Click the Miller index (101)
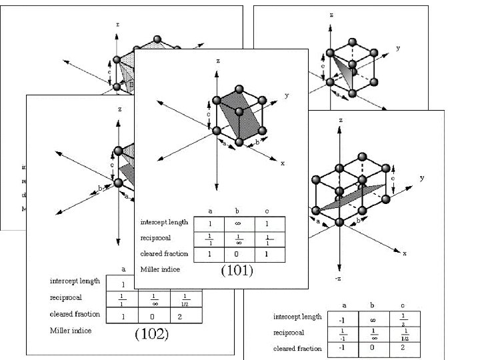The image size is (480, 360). (237, 271)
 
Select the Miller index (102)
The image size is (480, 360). (151, 333)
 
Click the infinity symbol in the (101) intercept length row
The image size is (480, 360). (238, 222)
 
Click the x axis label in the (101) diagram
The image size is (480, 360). (282, 163)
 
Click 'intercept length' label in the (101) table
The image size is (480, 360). (164, 222)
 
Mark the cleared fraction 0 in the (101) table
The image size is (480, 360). (238, 254)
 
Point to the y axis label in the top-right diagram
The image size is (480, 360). (398, 48)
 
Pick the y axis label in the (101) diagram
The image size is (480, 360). (287, 95)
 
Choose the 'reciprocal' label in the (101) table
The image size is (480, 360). (155, 237)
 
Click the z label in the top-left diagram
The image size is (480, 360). (118, 24)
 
